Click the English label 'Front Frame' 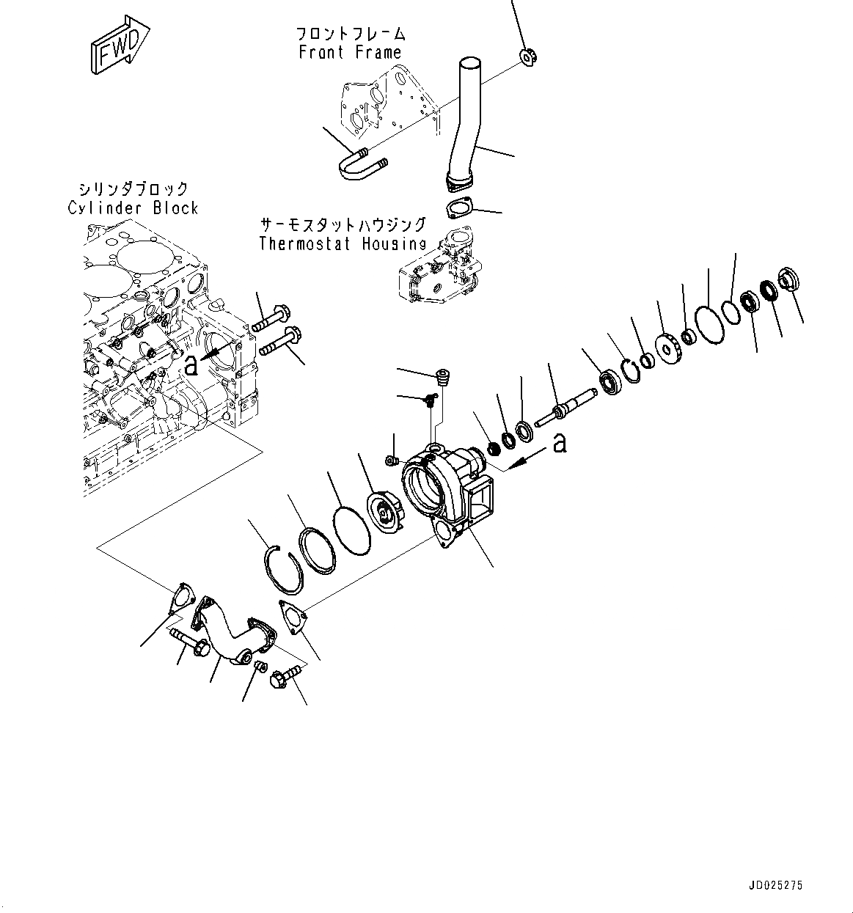pos(350,52)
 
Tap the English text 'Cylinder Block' pos(133,208)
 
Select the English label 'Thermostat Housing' pos(343,243)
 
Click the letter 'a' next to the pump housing pos(560,443)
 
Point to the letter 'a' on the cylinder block pos(191,364)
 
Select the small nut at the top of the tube pos(528,56)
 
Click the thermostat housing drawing pos(437,270)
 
